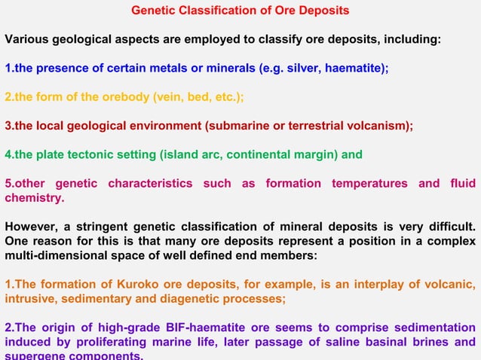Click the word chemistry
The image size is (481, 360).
coord(34,198)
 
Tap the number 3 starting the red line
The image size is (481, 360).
coord(8,126)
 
